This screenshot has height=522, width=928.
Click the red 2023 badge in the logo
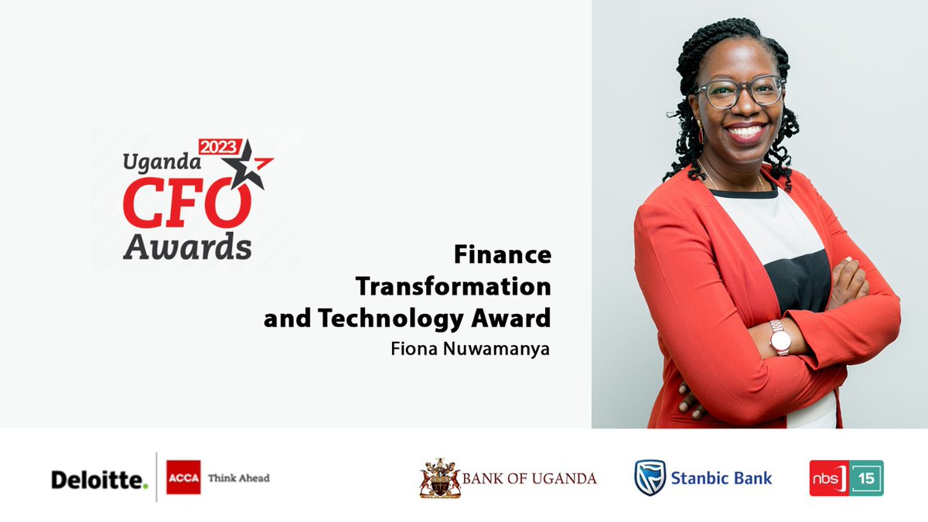tap(220, 147)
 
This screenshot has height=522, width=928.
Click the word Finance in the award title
tap(503, 254)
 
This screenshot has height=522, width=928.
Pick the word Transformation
tap(453, 286)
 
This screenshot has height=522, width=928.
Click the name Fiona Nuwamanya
tap(471, 348)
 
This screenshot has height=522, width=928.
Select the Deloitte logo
tap(99, 479)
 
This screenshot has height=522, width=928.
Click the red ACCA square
tap(183, 477)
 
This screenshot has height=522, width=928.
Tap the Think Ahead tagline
tap(239, 478)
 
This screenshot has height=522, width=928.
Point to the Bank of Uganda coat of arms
tap(439, 478)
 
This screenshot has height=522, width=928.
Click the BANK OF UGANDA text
tap(530, 478)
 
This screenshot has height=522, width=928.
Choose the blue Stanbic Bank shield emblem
tap(650, 477)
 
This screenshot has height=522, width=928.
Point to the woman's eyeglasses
tap(740, 92)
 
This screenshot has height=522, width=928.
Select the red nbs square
tap(826, 478)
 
